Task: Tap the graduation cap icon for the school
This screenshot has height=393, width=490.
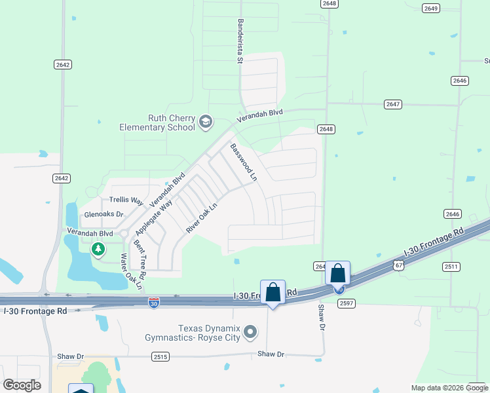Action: coord(206,122)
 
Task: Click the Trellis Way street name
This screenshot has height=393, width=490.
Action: coord(126,200)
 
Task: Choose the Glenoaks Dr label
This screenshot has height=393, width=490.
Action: coord(104,214)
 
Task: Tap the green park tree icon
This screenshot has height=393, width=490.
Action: coord(98,249)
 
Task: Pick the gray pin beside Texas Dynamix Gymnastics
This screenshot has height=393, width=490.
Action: coord(250,333)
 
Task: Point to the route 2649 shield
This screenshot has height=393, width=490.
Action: coord(430,9)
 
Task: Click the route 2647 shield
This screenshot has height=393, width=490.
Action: coord(393,104)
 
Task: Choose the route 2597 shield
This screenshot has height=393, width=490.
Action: coord(346,303)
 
